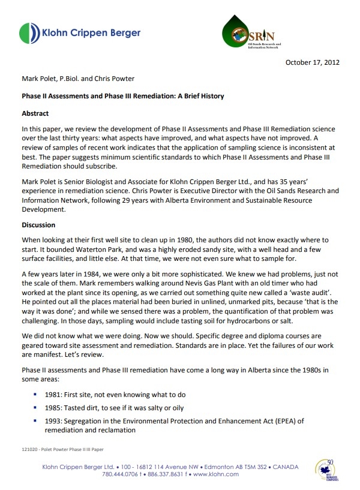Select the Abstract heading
click(35, 113)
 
